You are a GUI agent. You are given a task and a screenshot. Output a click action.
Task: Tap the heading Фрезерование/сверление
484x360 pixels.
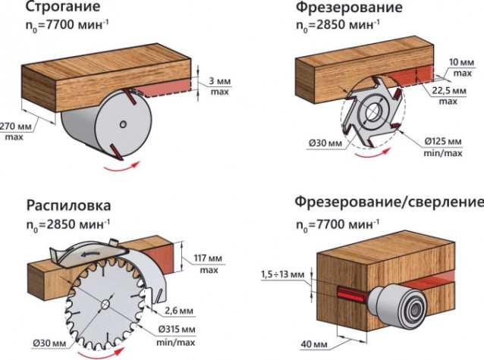point(388,202)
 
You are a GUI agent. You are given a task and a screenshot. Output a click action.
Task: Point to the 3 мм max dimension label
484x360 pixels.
point(216,86)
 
